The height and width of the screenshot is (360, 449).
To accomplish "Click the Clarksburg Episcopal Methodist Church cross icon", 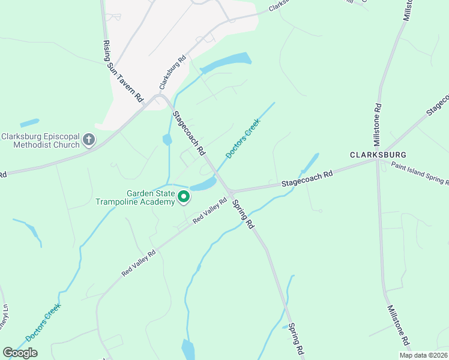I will point(89,140).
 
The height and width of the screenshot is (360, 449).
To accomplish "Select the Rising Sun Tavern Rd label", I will point(123,71).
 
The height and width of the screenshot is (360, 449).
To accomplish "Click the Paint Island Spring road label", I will point(419,173).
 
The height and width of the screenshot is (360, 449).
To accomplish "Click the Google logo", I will point(20,353).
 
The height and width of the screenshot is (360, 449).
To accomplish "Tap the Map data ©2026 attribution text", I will point(424,355).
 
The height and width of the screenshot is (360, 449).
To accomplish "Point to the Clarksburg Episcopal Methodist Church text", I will point(40,140).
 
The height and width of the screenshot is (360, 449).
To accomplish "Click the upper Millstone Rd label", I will point(378,125).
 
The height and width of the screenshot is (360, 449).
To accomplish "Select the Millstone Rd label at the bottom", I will point(397,323).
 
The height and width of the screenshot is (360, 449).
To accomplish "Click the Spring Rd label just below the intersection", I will point(243,214).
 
